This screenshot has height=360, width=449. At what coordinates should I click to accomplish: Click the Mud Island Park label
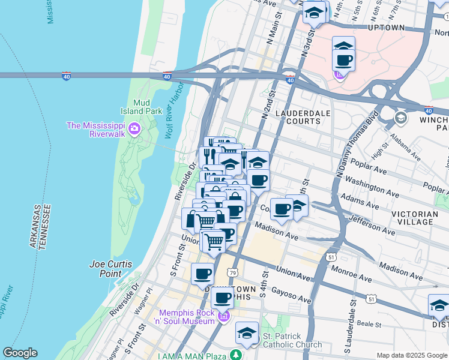[x=144, y=107]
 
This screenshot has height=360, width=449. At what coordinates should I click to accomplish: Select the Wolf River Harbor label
[x=174, y=108]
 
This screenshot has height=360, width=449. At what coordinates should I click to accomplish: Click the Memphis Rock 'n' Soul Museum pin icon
[x=224, y=316]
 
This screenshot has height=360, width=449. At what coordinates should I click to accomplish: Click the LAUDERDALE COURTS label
[x=298, y=117]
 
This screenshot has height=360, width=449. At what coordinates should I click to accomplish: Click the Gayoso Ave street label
[x=292, y=294]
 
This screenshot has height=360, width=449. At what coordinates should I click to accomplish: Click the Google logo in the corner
[x=20, y=353]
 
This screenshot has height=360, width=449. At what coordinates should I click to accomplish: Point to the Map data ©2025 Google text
[x=411, y=355]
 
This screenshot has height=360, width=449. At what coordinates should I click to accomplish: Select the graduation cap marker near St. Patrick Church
[x=247, y=332]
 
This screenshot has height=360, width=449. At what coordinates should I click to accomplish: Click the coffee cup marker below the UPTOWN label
[x=344, y=60]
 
